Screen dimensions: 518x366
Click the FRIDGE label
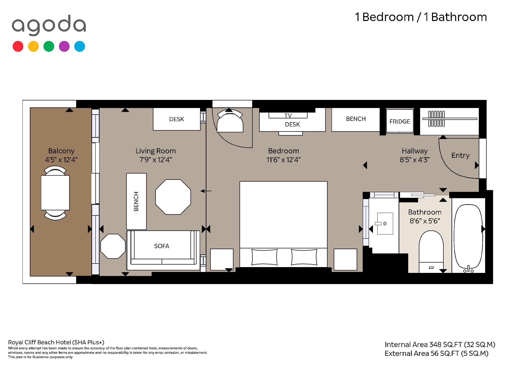[400, 122]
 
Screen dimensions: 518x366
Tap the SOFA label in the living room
[162, 246]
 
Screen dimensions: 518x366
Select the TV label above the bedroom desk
[288, 116]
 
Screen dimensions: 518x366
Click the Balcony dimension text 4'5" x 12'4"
[61, 160]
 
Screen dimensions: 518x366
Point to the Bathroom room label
[425, 212]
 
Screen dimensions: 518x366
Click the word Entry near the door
[460, 155]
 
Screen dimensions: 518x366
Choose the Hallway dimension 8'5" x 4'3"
[415, 160]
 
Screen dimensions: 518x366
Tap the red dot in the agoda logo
[18, 47]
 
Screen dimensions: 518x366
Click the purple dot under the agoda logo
[64, 47]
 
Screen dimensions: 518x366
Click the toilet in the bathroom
[431, 252]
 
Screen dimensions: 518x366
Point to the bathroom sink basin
[385, 224]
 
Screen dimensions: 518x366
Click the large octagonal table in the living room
[173, 197]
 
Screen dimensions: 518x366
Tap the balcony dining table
[55, 193]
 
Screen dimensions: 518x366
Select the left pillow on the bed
[264, 257]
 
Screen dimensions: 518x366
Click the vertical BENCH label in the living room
[136, 201]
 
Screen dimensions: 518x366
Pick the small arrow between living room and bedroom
[206, 191]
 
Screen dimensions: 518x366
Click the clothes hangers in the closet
[436, 119]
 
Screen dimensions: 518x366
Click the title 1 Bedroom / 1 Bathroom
[421, 17]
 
